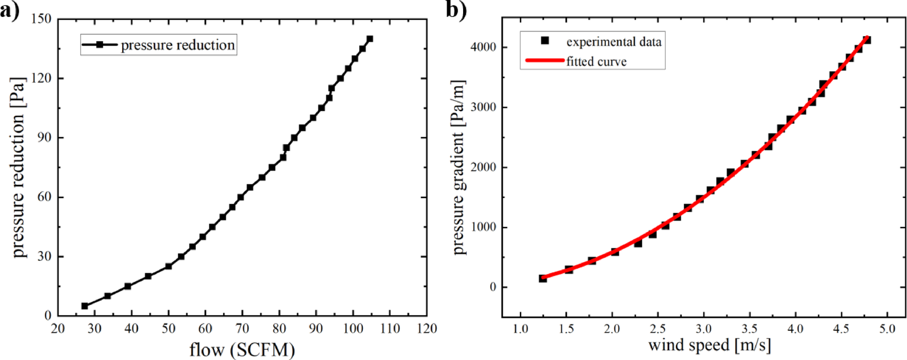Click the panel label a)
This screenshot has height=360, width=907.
point(10,10)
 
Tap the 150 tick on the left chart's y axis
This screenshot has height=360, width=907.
point(42,19)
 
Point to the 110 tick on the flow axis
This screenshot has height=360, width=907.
point(389,328)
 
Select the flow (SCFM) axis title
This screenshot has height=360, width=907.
point(242,350)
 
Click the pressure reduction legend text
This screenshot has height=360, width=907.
point(178,45)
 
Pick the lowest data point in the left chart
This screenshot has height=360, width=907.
point(85,306)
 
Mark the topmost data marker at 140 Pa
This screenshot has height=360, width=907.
point(370,39)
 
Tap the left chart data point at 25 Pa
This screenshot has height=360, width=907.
point(168,266)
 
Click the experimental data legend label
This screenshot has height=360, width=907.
point(614,42)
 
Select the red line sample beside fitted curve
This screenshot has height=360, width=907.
point(545,60)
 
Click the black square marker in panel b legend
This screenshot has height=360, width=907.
point(545,41)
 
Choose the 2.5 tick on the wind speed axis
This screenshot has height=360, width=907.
point(658,329)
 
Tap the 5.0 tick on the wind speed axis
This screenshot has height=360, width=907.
point(887,329)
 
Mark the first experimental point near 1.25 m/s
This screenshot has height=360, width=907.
point(543,278)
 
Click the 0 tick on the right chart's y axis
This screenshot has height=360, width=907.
point(492,287)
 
